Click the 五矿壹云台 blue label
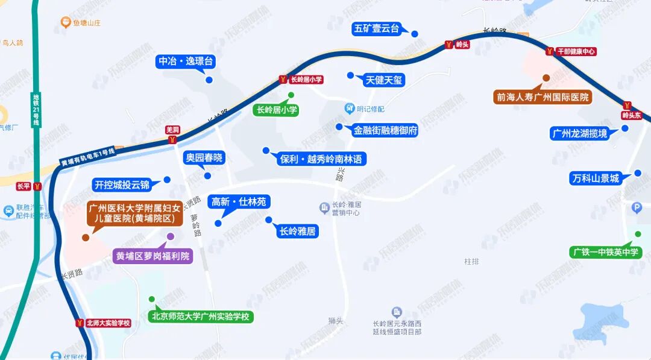(377, 28)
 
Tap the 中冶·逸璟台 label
(186, 62)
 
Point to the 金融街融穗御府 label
(385, 130)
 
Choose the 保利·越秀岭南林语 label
(321, 159)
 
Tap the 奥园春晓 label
(204, 158)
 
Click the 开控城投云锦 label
(122, 185)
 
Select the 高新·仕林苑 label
(238, 202)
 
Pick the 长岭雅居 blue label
(298, 231)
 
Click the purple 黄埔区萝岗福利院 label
(153, 256)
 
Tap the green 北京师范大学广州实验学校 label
(200, 317)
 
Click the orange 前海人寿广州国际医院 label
(541, 96)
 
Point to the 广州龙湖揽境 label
(579, 133)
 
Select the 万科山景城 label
(595, 178)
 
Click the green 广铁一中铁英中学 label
(605, 252)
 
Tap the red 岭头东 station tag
(632, 115)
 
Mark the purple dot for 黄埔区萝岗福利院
(171, 236)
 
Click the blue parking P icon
(637, 209)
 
